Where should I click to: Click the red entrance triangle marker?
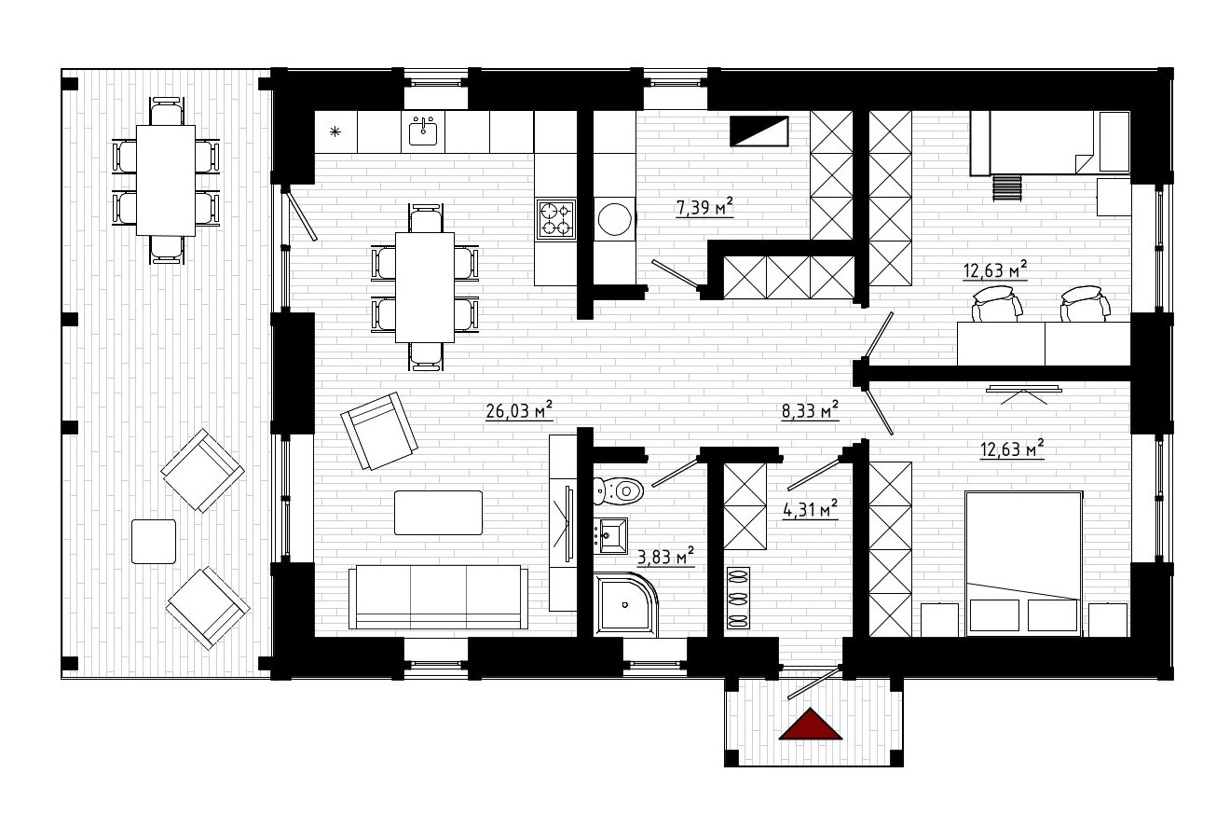(810, 725)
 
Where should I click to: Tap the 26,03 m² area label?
(519, 410)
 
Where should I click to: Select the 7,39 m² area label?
(704, 207)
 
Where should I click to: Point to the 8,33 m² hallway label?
(810, 410)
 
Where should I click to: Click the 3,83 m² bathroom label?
(665, 557)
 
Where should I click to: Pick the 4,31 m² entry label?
(810, 509)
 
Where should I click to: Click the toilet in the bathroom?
(619, 490)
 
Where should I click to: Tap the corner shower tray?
(625, 604)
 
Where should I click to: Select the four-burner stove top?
(556, 219)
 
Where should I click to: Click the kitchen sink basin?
(423, 131)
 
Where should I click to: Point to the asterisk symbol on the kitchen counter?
(335, 131)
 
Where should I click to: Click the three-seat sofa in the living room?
(438, 597)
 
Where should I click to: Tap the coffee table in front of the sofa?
(438, 512)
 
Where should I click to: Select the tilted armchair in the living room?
(379, 431)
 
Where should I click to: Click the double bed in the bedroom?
(1023, 563)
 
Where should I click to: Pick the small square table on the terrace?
(154, 542)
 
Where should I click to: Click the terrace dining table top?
(166, 180)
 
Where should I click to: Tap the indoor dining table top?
(425, 287)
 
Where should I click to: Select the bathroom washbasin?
(610, 535)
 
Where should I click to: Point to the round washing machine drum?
(614, 219)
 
